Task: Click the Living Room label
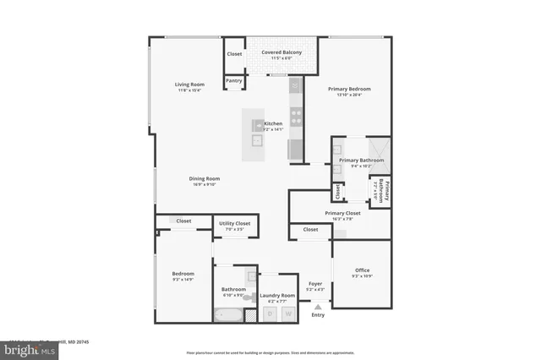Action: point(190,84)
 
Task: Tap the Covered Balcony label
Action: point(281,53)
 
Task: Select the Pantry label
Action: point(234,81)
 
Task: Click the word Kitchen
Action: point(273,123)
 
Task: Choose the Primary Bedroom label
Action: point(349,89)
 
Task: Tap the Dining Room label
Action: point(205,178)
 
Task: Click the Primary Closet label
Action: point(342,213)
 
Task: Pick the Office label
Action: point(362,270)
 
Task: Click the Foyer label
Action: point(314,284)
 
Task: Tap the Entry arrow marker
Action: point(317,308)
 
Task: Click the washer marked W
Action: point(287,314)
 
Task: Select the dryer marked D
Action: point(270,314)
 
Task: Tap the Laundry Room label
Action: point(277,296)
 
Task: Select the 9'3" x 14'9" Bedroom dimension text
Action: point(183,279)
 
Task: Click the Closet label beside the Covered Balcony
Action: point(234,54)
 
